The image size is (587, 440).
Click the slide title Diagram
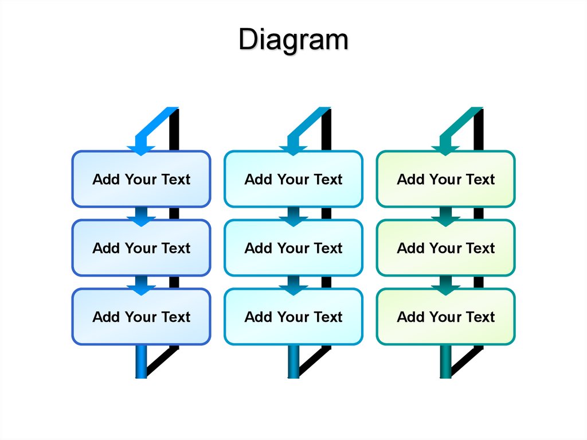point(293,41)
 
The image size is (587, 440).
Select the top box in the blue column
point(141,179)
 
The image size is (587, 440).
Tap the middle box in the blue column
point(141,248)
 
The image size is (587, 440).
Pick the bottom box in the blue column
point(141,317)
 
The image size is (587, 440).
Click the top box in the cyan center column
point(293,179)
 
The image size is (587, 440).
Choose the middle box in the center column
point(293,248)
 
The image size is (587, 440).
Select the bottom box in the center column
point(293,317)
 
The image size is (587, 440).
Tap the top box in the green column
point(445,179)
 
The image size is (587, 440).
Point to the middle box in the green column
point(445,248)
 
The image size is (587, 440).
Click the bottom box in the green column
point(445,317)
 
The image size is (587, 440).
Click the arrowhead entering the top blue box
point(141,148)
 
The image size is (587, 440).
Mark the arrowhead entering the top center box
point(293,148)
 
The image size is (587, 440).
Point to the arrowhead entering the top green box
point(445,148)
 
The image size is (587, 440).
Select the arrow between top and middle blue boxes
point(141,215)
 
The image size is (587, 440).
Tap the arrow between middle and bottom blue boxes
point(141,284)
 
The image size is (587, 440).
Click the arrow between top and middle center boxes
point(293,215)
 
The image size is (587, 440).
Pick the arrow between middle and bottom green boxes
point(445,284)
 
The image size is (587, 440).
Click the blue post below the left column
point(141,361)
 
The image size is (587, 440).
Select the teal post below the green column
point(445,361)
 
